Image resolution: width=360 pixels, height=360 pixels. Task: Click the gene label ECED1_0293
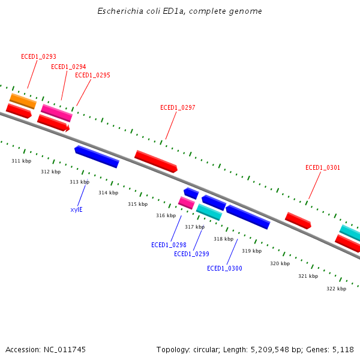tap(38, 56)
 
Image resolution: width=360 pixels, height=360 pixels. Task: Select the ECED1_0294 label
tap(68, 67)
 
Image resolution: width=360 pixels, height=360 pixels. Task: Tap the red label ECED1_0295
tap(92, 76)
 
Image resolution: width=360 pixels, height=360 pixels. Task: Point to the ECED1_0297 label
tap(178, 108)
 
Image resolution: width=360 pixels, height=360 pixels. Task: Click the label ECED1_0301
tap(323, 168)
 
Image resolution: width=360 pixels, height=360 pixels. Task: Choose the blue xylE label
tap(76, 209)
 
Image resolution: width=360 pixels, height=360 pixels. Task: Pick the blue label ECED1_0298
tap(169, 245)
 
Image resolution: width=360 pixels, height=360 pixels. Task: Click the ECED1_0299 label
tap(191, 254)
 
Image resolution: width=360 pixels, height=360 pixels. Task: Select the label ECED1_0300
tap(224, 268)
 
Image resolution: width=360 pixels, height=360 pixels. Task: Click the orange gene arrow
tap(23, 101)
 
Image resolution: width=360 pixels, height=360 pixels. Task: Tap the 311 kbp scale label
tap(21, 161)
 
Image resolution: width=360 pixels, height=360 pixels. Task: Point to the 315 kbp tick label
tap(137, 204)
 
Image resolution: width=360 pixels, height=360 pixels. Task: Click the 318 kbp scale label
tap(223, 239)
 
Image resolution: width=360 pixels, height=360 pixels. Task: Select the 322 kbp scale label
tap(336, 289)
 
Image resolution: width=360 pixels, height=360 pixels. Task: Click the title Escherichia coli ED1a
tap(180, 11)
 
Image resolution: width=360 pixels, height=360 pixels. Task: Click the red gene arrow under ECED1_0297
tap(156, 161)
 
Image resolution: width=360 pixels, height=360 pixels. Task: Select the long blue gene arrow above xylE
tap(97, 156)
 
